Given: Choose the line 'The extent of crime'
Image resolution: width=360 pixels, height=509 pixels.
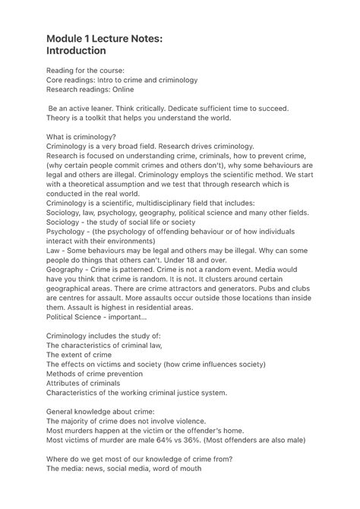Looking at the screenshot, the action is [79, 354].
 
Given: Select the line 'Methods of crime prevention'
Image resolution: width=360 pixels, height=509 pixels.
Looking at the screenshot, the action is [94, 374].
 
